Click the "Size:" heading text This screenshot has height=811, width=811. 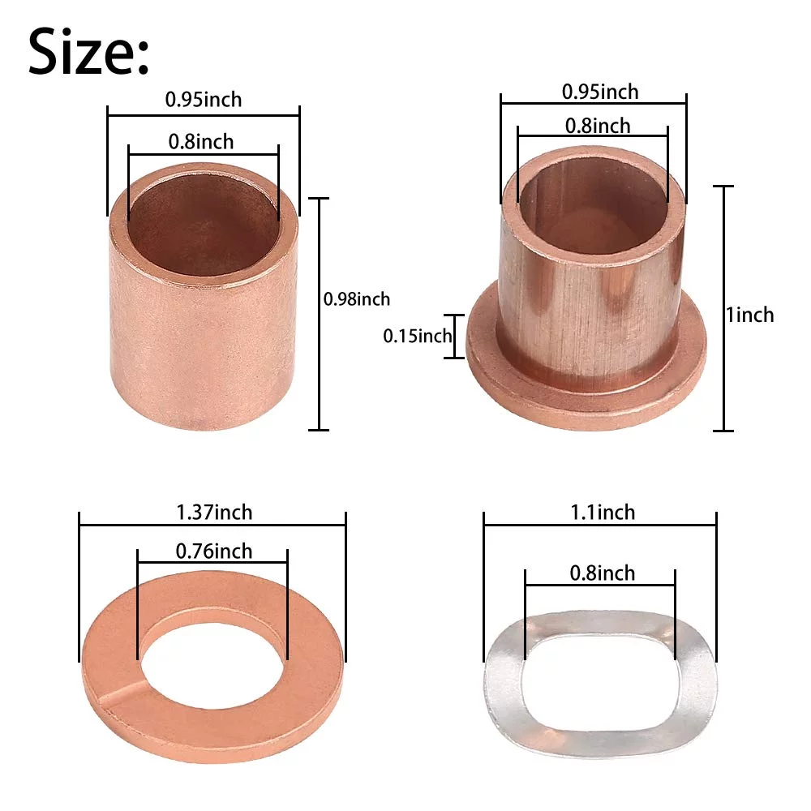point(88,52)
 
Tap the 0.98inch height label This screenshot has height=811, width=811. point(356,299)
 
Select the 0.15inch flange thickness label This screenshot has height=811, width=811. point(418,337)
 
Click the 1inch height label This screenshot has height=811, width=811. point(750,315)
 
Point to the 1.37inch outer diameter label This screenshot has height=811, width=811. point(214,512)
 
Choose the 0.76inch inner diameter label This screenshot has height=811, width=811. point(213,551)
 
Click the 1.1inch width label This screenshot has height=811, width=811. point(603,512)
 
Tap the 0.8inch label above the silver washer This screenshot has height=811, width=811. point(602,573)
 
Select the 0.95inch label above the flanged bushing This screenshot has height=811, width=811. point(600,92)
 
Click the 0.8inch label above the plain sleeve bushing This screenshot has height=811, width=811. point(200,141)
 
